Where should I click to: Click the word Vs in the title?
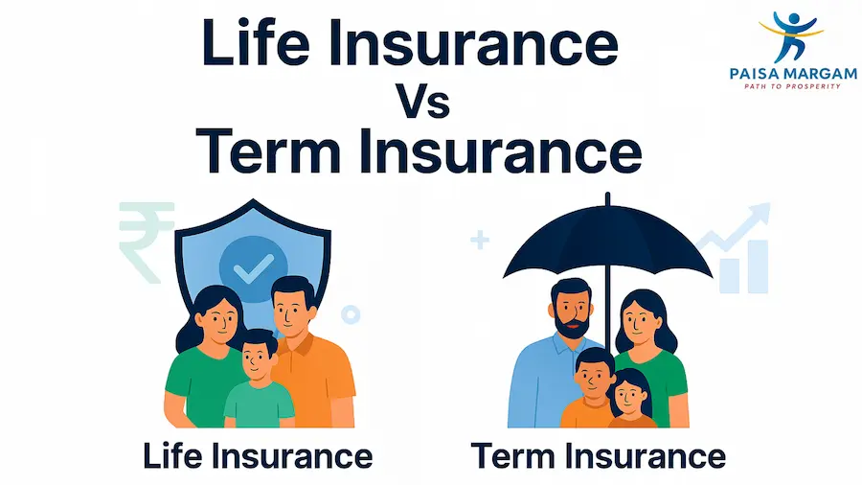pyautogui.click(x=422, y=101)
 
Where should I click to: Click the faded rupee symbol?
pyautogui.click(x=145, y=239)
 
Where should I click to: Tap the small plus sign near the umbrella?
pyautogui.click(x=479, y=240)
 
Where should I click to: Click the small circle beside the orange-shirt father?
pyautogui.click(x=351, y=313)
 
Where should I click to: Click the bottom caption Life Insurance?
pyautogui.click(x=257, y=455)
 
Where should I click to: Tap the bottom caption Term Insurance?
pyautogui.click(x=598, y=455)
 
